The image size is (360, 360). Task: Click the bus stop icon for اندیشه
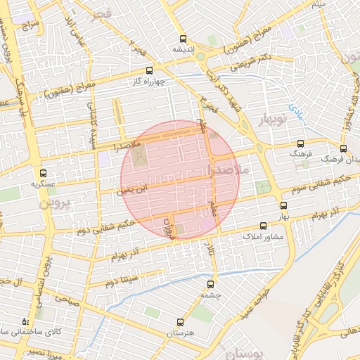(184, 39)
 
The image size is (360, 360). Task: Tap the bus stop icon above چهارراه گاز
(148, 70)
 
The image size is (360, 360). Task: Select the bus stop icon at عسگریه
(43, 172)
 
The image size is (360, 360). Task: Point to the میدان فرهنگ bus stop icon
(343, 148)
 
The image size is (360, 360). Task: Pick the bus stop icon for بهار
(283, 206)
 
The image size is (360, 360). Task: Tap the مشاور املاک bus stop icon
(264, 226)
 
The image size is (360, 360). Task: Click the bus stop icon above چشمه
(212, 284)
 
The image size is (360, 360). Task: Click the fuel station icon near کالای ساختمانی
(25, 320)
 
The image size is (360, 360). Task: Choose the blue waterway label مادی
(295, 108)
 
